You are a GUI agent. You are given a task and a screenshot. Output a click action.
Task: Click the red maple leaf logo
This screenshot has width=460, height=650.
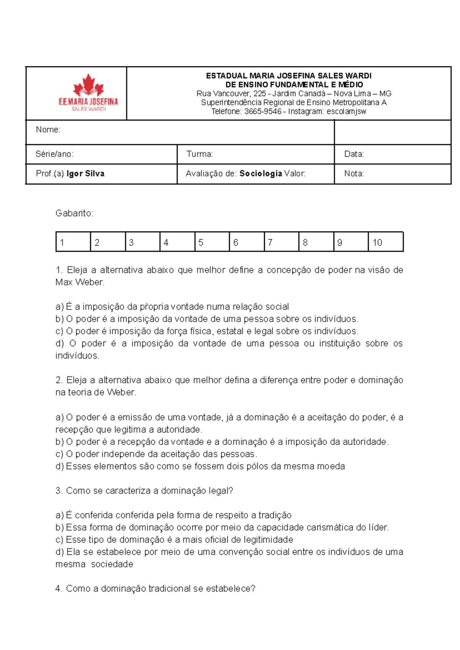89,85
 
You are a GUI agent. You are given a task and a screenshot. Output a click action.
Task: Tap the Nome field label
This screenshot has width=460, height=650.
48,130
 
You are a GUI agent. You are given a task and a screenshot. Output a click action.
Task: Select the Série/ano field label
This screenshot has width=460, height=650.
54,154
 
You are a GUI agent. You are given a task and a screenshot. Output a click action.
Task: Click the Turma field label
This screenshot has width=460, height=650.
199,154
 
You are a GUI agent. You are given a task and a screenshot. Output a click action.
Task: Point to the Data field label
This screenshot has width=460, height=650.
354,154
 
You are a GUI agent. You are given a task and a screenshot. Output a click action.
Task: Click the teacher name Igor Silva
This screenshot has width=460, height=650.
85,174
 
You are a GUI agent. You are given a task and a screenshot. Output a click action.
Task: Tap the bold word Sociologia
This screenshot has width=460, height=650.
261,174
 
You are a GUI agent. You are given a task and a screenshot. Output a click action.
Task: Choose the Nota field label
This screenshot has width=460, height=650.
354,174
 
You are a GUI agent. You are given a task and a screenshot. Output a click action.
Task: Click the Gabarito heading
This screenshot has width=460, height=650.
74,213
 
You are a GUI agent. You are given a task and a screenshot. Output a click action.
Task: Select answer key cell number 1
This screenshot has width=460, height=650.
73,242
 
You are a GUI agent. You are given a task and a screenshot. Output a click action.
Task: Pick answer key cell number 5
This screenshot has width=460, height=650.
212,242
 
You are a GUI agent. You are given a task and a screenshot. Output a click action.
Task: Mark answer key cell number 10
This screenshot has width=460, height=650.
386,242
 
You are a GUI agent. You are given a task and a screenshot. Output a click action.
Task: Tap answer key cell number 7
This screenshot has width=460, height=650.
281,242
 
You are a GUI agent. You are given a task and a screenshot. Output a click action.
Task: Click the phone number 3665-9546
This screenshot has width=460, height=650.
263,112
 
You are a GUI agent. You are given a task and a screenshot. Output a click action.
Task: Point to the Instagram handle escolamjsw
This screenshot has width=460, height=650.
346,112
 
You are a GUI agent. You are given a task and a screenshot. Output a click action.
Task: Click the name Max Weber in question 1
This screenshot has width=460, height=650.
80,282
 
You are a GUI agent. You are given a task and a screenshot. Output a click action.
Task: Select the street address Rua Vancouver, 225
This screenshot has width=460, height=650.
231,94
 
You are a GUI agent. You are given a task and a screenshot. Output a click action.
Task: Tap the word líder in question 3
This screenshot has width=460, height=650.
378,528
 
